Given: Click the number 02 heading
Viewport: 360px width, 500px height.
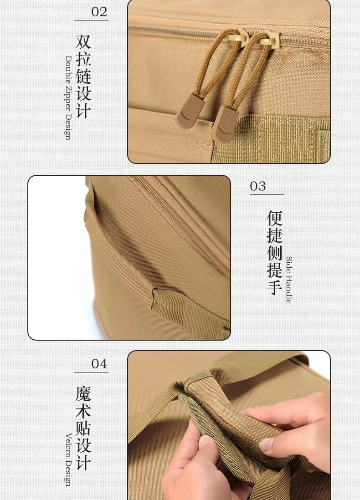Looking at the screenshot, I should (x=99, y=11).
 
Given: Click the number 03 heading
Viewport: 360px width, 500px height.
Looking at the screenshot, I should (x=258, y=186).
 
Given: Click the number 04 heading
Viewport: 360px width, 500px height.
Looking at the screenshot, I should (x=99, y=364).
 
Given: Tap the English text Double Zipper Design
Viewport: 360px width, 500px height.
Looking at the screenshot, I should (x=68, y=98).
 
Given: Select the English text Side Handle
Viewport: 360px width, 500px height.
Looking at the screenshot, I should (x=289, y=280).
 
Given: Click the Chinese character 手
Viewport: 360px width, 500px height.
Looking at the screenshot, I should (x=274, y=287).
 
